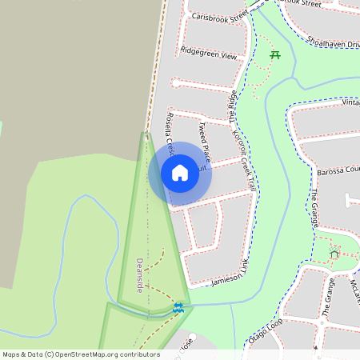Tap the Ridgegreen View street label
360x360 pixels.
pyautogui.click(x=209, y=57)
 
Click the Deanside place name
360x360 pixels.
pyautogui.click(x=139, y=274)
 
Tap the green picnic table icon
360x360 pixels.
pyautogui.click(x=275, y=54)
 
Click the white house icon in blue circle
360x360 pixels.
pyautogui.click(x=180, y=173)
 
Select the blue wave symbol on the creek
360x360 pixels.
pyautogui.click(x=178, y=308)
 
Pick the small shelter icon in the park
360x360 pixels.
pyautogui.click(x=334, y=254)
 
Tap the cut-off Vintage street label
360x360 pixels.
pyautogui.click(x=350, y=102)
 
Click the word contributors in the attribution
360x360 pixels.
pyautogui.click(x=136, y=354)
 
